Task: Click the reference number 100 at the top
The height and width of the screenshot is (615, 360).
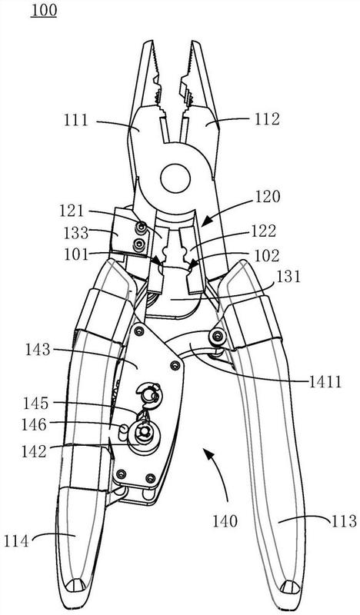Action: [44, 11]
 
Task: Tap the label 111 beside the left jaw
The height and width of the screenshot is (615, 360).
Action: [76, 120]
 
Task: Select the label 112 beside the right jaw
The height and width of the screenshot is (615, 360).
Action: [268, 119]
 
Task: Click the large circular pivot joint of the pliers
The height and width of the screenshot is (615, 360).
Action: [175, 178]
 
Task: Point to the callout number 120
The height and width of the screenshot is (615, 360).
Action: [268, 196]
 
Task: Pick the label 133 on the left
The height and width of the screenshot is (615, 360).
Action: [76, 234]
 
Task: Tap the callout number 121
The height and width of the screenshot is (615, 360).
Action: [72, 211]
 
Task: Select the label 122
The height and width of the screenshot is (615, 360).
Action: [263, 231]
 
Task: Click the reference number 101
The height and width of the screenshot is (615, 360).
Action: [76, 254]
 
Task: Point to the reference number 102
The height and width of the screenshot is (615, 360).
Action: [267, 256]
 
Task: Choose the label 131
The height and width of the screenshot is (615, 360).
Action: [288, 277]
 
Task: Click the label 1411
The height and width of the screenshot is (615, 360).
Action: [325, 381]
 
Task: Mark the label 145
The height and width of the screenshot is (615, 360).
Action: [35, 403]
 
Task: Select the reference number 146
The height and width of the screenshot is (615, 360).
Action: [34, 424]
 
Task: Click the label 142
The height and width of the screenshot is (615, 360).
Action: [34, 451]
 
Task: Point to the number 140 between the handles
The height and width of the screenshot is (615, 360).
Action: [225, 521]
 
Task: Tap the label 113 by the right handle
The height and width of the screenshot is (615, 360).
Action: [344, 521]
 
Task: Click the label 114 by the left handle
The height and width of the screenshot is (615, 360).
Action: [16, 542]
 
